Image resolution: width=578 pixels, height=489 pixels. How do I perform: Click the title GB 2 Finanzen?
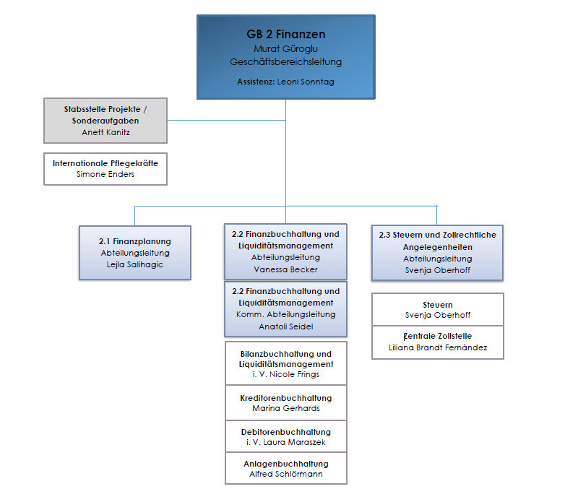285,34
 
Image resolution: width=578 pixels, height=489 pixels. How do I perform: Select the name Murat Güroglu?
285,48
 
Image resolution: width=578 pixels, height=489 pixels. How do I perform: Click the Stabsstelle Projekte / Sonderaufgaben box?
105,120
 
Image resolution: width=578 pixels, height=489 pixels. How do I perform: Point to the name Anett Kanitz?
105,132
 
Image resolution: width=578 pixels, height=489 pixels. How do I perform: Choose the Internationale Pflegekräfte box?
105,169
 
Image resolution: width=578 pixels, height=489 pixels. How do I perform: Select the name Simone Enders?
105,174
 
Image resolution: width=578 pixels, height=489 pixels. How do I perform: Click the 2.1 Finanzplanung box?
135,253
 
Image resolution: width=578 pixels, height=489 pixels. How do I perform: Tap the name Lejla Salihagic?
135,264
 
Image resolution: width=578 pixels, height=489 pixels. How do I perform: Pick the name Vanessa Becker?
285,269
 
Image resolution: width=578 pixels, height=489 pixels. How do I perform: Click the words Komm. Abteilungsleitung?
285,314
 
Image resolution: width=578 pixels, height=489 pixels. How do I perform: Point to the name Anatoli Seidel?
285,326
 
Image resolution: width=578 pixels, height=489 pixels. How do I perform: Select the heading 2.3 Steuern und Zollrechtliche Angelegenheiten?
438,241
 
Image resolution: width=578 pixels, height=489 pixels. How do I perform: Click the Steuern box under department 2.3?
438,310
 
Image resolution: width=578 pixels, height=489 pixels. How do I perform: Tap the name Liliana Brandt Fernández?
438,347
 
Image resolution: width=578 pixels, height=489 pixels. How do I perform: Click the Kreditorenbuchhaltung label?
285,398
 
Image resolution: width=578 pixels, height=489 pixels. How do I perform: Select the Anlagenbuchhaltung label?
285,464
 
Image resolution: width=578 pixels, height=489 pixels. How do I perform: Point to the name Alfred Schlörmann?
285,474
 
